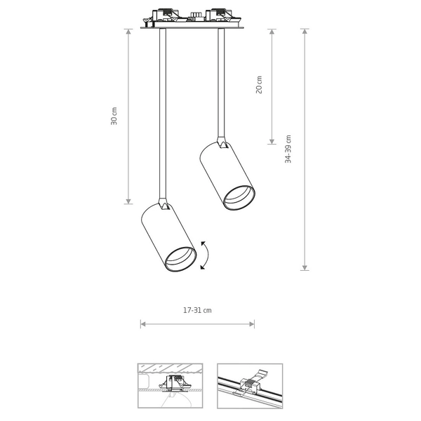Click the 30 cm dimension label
pyautogui.click(x=114, y=116)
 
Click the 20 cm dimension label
pyautogui.click(x=259, y=85)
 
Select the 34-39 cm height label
pyautogui.click(x=288, y=149)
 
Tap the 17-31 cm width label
pyautogui.click(x=197, y=310)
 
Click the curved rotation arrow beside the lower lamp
pyautogui.click(x=203, y=255)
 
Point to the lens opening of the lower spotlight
pyautogui.click(x=180, y=259)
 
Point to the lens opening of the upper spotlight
pyautogui.click(x=239, y=197)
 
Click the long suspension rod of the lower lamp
pyautogui.click(x=163, y=112)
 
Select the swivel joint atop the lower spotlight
pyautogui.click(x=163, y=205)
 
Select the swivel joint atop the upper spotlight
pyautogui.click(x=222, y=142)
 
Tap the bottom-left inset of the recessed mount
pyautogui.click(x=170, y=385)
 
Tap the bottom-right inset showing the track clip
pyautogui.click(x=250, y=385)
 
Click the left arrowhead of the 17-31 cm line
pyautogui.click(x=143, y=324)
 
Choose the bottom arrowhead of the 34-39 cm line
pyautogui.click(x=305, y=267)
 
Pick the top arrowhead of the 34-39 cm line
pyautogui.click(x=305, y=32)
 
